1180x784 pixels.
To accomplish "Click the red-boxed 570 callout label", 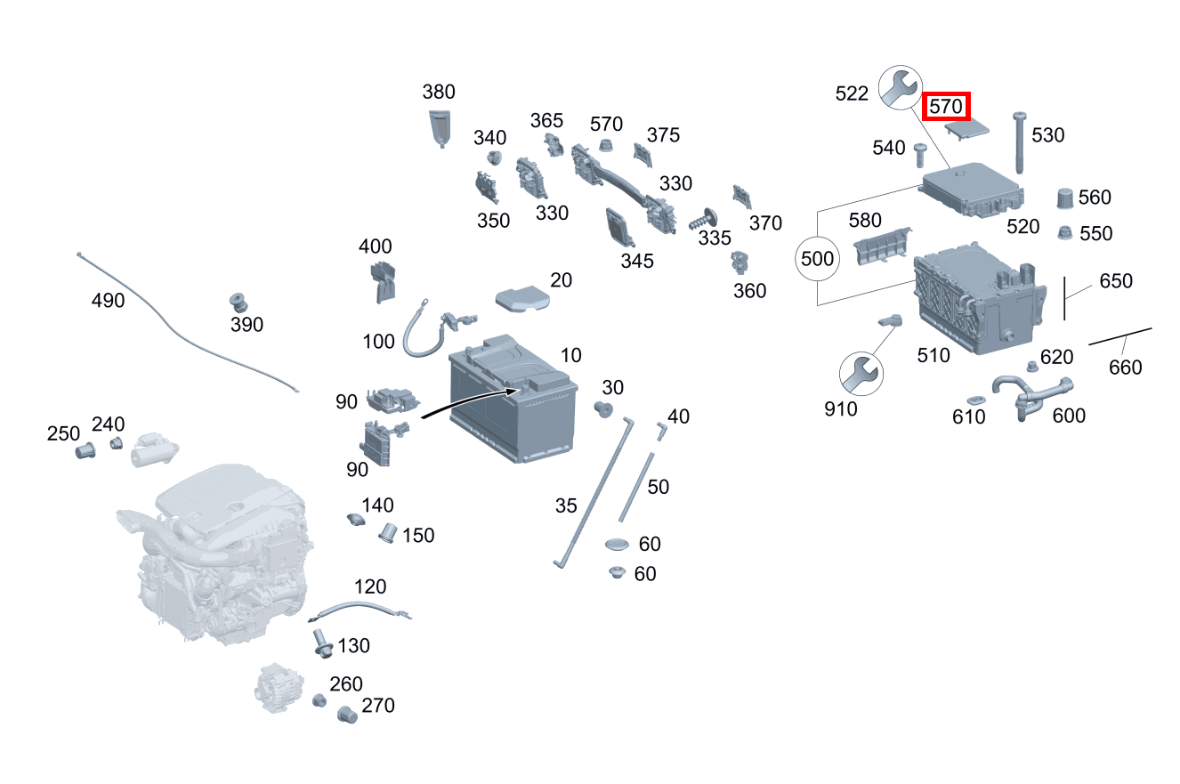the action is [x=946, y=107].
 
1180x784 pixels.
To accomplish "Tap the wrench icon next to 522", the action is [x=901, y=87].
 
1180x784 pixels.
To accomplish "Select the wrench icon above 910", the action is [x=861, y=374].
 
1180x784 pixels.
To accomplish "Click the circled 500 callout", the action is [x=817, y=258].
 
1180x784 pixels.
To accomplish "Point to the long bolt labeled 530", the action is [x=1019, y=142].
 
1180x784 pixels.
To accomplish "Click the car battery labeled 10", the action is [x=513, y=398].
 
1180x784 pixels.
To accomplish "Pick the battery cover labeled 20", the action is [x=522, y=299].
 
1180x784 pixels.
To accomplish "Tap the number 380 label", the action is [x=439, y=92].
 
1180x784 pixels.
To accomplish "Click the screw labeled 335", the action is [x=703, y=219].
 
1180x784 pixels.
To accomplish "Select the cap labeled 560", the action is [x=1065, y=198].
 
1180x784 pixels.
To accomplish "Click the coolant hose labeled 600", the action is [x=1032, y=397].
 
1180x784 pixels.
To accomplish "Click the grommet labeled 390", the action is [x=238, y=303].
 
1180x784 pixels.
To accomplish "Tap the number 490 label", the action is [x=108, y=300].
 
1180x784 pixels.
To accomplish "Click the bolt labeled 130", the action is [x=321, y=644].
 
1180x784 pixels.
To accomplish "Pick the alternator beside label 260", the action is [x=279, y=688].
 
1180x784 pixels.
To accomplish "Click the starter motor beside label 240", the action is [x=154, y=449].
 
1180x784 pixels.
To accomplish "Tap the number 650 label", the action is [x=1116, y=281].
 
